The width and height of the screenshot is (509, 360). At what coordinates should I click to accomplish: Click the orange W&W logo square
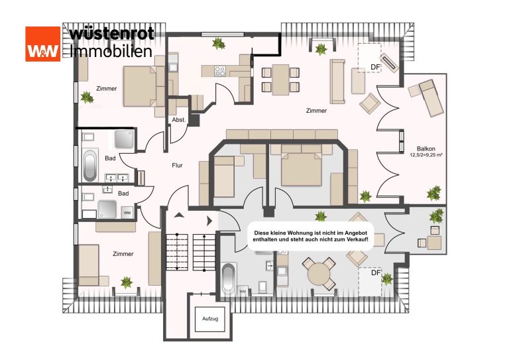43,44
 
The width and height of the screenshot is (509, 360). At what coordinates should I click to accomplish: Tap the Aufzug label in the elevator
210,319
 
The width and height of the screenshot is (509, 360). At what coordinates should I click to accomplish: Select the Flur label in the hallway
177,165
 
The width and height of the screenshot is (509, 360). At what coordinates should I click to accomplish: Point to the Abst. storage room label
179,119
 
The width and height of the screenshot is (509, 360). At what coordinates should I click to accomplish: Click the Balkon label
426,149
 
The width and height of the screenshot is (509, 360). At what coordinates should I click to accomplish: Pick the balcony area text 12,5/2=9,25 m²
426,155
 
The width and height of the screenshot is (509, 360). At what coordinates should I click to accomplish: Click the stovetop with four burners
220,71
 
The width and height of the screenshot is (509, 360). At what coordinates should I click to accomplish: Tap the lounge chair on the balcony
431,97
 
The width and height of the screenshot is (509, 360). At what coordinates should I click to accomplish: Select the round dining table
318,274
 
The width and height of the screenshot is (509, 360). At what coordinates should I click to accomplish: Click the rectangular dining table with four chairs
280,80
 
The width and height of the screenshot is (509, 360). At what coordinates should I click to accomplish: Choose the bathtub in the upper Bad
90,165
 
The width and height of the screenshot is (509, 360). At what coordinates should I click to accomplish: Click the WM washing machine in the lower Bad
127,213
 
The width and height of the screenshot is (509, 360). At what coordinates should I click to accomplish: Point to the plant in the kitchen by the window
219,44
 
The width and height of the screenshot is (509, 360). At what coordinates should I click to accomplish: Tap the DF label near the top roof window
375,67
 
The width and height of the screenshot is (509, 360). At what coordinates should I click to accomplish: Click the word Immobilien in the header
111,51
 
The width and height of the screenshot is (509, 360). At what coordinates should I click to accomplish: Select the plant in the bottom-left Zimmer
127,282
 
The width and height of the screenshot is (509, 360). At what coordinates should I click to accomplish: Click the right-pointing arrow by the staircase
209,221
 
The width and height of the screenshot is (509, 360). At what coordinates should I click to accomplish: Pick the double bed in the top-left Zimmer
140,86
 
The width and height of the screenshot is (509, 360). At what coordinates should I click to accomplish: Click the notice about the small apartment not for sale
311,236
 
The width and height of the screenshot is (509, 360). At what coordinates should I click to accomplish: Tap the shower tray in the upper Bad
124,139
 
